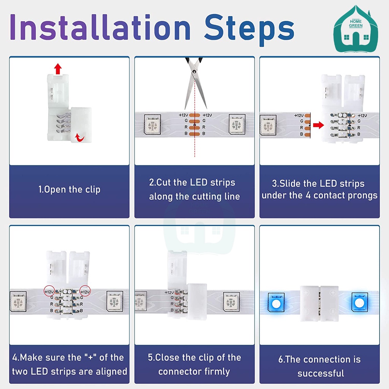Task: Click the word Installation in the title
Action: tap(100, 27)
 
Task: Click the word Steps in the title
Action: tap(249, 30)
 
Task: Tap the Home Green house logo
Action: tap(356, 29)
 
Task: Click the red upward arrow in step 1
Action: tap(58, 69)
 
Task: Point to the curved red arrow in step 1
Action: tap(80, 137)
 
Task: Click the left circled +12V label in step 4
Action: tap(49, 291)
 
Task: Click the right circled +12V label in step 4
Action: tap(85, 291)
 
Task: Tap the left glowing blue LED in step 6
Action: tap(276, 303)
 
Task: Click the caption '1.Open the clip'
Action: tap(69, 190)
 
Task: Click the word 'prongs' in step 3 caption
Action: tap(362, 196)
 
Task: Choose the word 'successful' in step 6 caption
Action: tap(321, 373)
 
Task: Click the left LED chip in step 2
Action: tap(152, 125)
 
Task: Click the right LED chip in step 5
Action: tap(231, 302)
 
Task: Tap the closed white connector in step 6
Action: tap(319, 304)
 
